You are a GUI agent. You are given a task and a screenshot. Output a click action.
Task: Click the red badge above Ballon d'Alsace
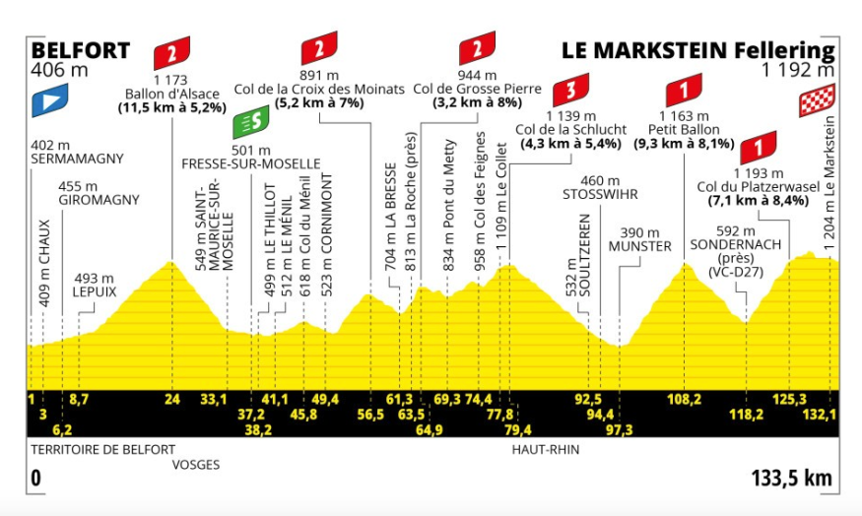(172, 50)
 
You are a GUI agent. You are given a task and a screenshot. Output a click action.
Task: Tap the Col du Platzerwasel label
(757, 186)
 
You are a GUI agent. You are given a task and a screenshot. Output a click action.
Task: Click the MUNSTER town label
(639, 245)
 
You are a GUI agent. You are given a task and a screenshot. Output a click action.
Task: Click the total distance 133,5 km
(791, 479)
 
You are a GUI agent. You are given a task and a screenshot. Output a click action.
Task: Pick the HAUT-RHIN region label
(544, 449)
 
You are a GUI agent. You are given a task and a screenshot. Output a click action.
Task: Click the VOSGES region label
(195, 464)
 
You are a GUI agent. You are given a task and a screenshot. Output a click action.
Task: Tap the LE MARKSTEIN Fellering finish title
(697, 51)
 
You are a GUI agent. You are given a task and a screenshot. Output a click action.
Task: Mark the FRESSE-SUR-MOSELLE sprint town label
(251, 162)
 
